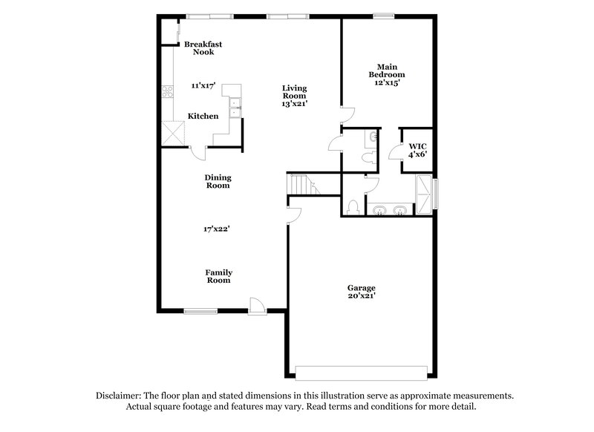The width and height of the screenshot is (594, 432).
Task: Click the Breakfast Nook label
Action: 203,48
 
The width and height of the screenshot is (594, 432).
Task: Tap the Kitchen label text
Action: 203,117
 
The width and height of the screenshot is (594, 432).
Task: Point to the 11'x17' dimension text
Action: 202,86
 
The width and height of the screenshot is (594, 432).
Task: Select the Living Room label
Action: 294,92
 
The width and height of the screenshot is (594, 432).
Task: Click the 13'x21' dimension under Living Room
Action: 294,105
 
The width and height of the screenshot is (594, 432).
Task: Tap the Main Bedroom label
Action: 387,71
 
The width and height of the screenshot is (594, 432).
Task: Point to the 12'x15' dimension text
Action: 387,83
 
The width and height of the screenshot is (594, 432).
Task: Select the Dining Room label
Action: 218,181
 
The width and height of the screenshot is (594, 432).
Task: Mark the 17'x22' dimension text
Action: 218,229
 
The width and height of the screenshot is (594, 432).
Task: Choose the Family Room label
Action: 218,276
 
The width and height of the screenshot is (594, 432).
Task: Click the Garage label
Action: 362,288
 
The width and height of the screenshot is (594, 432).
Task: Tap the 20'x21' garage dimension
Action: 362,297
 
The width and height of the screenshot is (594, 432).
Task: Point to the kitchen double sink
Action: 236,106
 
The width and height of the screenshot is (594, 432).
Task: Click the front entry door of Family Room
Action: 256,305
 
